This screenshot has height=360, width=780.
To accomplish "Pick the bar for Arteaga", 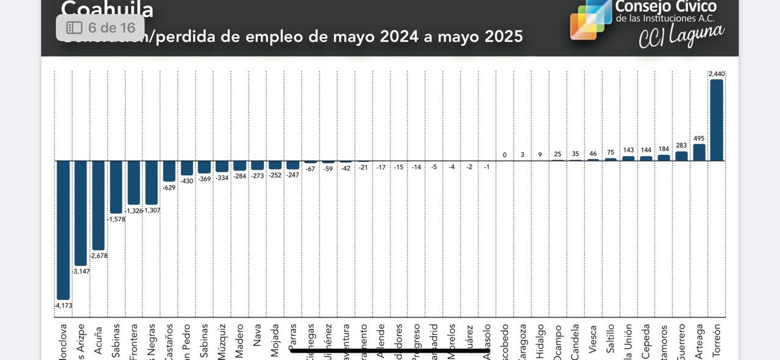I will pos(699,152).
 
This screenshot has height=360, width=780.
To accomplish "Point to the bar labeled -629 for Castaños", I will pos(169,171).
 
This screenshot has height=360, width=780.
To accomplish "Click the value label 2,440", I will pos(717,74).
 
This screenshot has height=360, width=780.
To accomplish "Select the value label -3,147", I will pos(81,271).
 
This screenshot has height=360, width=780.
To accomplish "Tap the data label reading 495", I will pos(699,138).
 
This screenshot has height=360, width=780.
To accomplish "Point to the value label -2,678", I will pos(99,256).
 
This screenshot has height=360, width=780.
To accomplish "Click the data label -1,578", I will pos(116,219).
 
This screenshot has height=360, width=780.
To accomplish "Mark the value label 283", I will pos(681,146).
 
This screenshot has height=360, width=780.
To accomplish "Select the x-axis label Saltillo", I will pos(611,338).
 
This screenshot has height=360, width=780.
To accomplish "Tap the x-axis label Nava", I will pos(258,335).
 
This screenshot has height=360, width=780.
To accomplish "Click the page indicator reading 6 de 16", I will pos(101,28).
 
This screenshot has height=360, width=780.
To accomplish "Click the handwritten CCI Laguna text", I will pos(681,35).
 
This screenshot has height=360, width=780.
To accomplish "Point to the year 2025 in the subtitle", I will pos(503,37).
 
